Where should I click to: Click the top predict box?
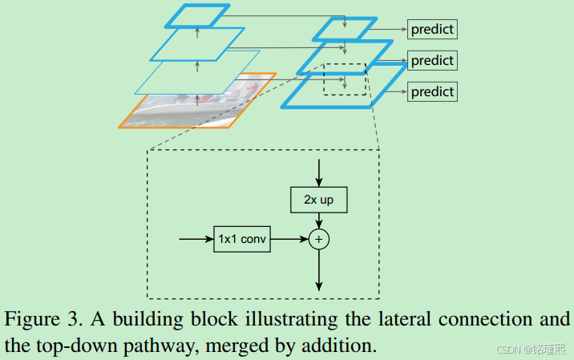coord(432,30)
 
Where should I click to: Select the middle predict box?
coord(432,61)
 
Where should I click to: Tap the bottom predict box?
coord(432,91)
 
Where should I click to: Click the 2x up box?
coord(318,200)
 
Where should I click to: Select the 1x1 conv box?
coord(241,239)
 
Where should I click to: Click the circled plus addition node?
coord(319,239)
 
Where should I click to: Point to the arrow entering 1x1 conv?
coord(196,239)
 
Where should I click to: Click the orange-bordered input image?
coord(196,103)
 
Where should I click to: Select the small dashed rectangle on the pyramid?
coord(344,79)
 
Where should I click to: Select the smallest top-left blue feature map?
coord(199,14)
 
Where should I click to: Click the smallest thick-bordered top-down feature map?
coord(345,30)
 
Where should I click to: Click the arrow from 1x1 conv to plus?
coord(289,239)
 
